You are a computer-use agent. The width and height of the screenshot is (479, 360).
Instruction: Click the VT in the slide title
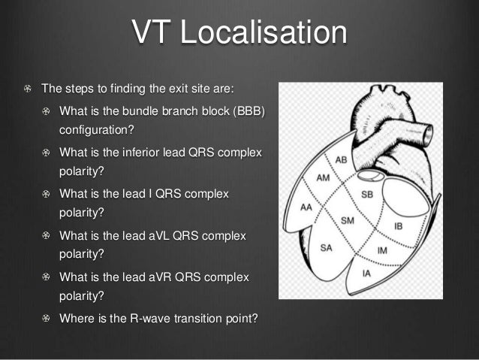[x=153, y=33]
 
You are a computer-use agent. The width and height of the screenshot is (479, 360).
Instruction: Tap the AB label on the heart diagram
[x=340, y=160]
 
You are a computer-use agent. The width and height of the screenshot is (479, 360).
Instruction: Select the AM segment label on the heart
[x=324, y=178]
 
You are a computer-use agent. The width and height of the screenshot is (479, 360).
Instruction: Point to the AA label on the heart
[x=306, y=207]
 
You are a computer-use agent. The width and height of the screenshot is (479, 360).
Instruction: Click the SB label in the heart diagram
[x=368, y=195]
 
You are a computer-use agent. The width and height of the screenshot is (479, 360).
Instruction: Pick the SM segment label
[x=347, y=220]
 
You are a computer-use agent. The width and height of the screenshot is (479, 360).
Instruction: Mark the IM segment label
[x=382, y=250]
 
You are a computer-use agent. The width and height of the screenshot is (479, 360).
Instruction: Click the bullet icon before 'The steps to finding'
[x=28, y=88]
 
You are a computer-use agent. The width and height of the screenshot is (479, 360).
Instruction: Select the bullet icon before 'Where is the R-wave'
[x=46, y=319]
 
